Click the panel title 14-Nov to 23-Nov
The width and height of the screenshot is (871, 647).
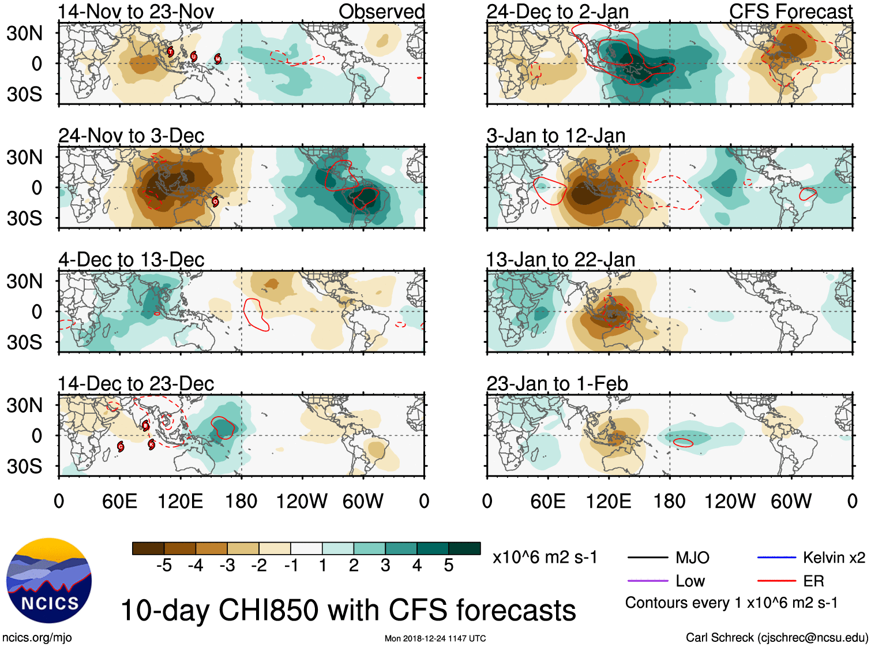pos(136,12)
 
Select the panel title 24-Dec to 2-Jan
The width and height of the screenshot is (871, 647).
pos(557,12)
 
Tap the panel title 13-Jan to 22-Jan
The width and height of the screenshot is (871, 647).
pos(561,260)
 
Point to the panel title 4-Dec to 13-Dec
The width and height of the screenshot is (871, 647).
pos(131,260)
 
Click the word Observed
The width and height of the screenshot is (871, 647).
pos(381,12)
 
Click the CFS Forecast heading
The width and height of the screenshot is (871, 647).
pos(790,12)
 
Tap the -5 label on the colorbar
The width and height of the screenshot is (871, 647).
pos(164,566)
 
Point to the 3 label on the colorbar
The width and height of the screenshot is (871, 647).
pos(385,566)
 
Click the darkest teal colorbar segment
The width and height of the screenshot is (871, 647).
pos(464,548)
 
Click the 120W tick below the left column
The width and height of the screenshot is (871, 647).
pos(302,501)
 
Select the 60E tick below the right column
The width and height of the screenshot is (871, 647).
pos(547,501)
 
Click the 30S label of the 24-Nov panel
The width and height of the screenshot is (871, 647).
pos(24,218)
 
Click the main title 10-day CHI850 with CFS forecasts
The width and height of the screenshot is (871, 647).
pos(348,611)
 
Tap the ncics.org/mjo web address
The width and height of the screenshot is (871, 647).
pos(37,638)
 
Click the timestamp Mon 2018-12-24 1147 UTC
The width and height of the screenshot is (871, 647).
pos(435,638)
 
